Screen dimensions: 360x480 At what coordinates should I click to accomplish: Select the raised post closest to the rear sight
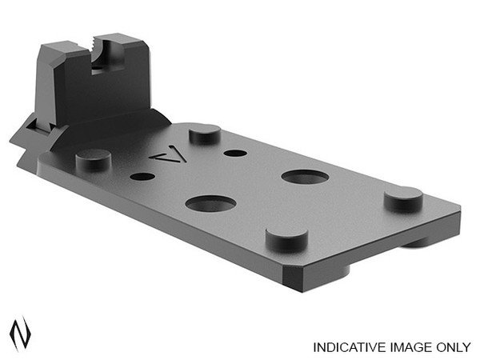[207, 134]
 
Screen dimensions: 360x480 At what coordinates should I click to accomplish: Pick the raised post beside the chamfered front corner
[286, 235]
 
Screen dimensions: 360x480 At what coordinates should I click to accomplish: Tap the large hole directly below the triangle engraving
[210, 203]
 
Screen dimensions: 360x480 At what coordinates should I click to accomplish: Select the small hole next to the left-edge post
[141, 178]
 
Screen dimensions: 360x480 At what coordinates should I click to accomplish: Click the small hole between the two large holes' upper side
[234, 153]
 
